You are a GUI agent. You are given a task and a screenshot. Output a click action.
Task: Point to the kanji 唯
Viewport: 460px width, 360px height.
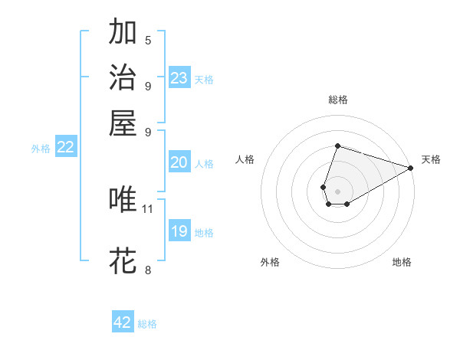(x=123, y=199)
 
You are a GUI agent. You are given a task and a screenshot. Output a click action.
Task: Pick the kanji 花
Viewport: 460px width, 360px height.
(x=123, y=261)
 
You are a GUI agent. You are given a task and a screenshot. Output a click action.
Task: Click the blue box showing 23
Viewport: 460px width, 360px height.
(x=179, y=78)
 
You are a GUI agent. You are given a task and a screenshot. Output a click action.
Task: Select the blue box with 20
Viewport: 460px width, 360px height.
(x=179, y=162)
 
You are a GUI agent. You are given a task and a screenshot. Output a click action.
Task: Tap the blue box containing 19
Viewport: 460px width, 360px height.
(x=179, y=231)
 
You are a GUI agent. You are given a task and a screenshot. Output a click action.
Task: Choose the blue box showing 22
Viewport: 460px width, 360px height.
(x=65, y=148)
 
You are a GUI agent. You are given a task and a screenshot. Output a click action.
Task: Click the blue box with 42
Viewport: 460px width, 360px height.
(x=123, y=322)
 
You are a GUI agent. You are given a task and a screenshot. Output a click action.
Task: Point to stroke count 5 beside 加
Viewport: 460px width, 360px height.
(x=148, y=40)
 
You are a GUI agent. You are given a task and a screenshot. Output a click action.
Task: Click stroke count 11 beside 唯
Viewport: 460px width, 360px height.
(x=148, y=208)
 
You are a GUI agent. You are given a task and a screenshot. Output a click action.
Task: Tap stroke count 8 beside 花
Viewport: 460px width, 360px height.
(x=148, y=270)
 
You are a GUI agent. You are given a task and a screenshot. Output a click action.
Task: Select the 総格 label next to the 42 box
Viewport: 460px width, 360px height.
(x=147, y=324)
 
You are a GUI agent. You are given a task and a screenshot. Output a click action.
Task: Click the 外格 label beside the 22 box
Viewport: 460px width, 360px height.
(x=41, y=149)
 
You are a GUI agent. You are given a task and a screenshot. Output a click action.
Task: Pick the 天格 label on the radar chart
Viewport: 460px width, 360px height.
(x=431, y=159)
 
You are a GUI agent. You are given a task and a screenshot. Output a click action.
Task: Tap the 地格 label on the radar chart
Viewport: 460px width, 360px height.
(x=402, y=262)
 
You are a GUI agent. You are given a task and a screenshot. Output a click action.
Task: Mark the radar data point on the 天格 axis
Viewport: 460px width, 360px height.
(x=410, y=168)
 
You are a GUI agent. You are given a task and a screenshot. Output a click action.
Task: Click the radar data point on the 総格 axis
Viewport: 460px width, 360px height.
(x=337, y=146)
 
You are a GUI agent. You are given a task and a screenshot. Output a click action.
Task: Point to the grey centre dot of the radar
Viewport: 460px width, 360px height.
(x=337, y=190)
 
